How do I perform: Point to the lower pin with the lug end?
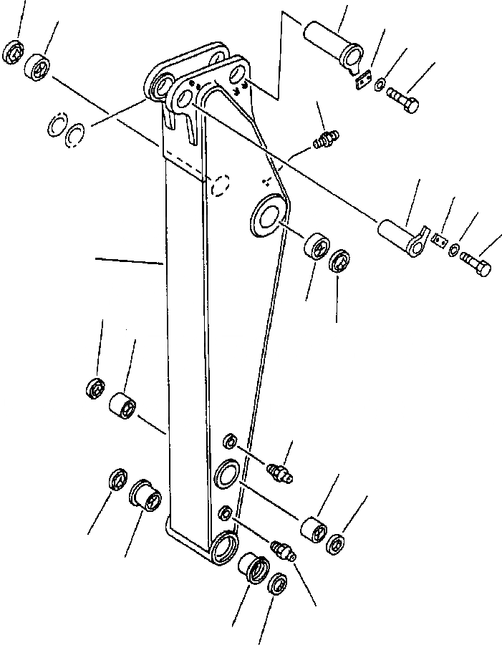403,238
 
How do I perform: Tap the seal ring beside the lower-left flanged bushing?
117,480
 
